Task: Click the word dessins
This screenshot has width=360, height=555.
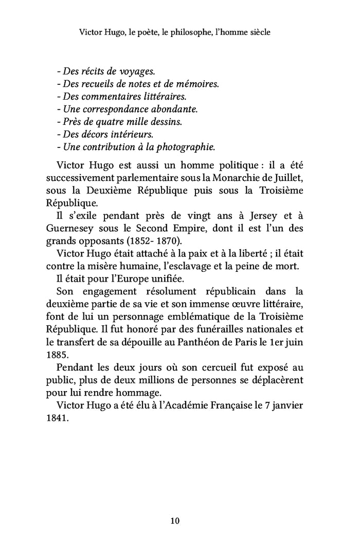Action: coord(166,122)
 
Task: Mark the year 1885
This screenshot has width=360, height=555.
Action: coord(56,355)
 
